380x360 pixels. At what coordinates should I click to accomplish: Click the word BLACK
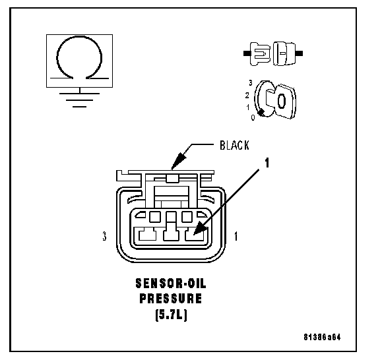point(234,145)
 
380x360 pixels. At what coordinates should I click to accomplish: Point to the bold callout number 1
point(267,163)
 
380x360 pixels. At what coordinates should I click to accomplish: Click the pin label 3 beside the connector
point(104,236)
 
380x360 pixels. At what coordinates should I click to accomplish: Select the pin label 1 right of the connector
point(236,236)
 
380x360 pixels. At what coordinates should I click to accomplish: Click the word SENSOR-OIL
point(171,284)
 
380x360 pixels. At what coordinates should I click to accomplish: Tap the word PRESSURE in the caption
point(171,299)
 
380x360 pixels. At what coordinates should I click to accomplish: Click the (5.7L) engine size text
point(171,315)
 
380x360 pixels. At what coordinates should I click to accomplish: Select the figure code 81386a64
point(322,337)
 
